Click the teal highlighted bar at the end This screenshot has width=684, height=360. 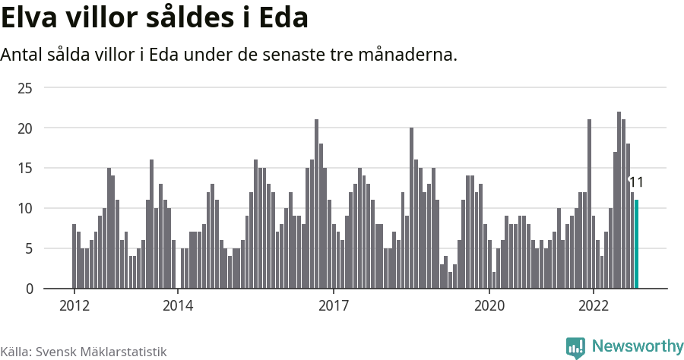click(636, 244)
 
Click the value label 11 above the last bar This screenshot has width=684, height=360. click(636, 182)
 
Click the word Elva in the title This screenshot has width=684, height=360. click(29, 18)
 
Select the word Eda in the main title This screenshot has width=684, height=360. click(283, 18)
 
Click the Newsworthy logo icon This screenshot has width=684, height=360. click(575, 347)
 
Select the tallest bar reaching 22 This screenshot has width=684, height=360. click(619, 200)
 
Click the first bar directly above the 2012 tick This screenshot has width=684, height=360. click(74, 256)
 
